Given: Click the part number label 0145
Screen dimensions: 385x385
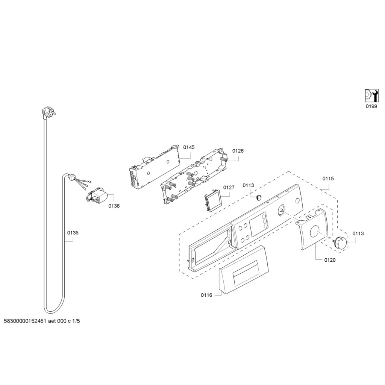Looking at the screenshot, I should (189, 147).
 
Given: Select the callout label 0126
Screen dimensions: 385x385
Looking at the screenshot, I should (238, 151).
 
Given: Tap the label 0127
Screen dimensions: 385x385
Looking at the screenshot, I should (229, 187).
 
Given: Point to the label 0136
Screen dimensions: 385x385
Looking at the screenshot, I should (114, 206).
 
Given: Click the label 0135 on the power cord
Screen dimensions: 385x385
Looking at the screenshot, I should (73, 233).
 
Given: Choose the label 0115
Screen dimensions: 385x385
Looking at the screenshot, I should (328, 179).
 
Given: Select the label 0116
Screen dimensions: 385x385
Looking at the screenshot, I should (206, 295).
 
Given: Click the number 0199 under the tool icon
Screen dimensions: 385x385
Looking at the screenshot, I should (371, 106).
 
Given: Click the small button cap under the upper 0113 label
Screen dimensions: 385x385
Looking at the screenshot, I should (258, 197).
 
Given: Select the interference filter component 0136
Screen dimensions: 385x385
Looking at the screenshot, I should (99, 196).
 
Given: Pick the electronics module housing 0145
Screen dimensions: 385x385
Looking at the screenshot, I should (153, 167).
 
